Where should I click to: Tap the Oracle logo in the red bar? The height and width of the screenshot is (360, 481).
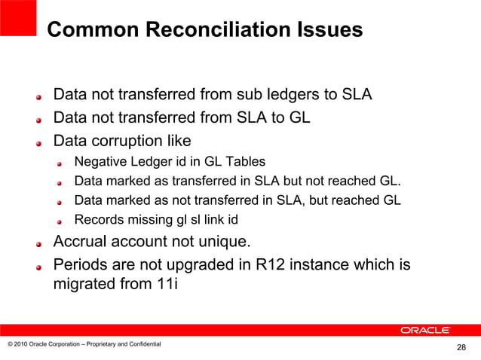click(x=425, y=330)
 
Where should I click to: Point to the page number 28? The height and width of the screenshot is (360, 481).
click(x=461, y=347)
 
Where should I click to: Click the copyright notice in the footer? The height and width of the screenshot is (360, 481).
click(x=84, y=344)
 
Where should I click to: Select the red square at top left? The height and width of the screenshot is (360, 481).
click(x=18, y=17)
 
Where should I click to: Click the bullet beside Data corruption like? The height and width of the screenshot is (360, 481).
click(x=40, y=143)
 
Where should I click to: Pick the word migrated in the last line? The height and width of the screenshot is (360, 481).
click(x=84, y=285)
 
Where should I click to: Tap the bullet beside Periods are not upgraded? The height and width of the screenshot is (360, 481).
click(x=40, y=267)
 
